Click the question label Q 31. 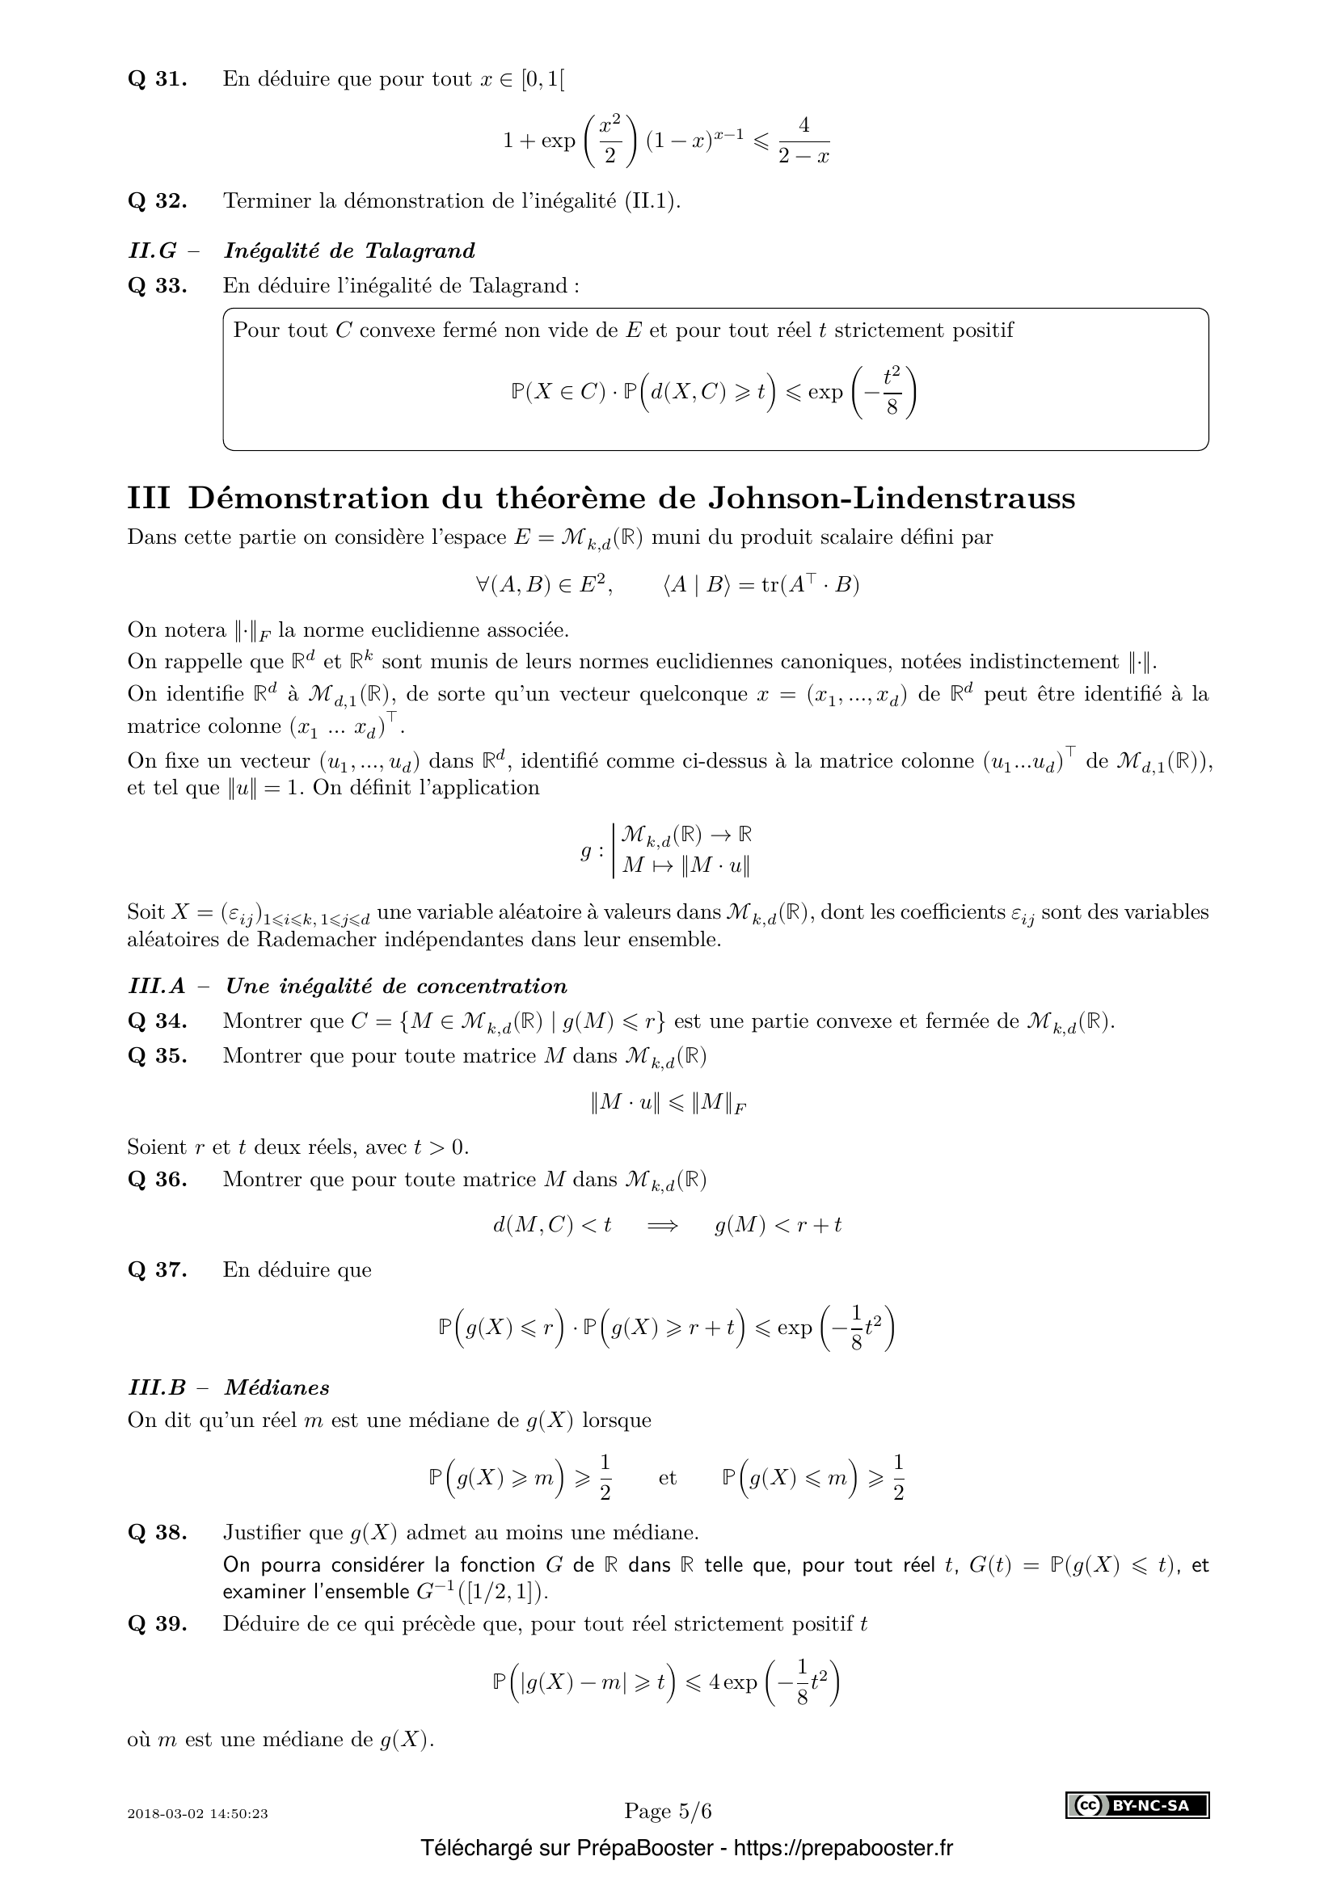[x=158, y=80]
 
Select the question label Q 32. [x=158, y=202]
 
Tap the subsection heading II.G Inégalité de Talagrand [x=302, y=250]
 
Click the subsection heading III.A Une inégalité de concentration [x=348, y=986]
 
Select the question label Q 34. [x=158, y=1021]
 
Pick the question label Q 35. [x=158, y=1056]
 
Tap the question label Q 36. [x=158, y=1180]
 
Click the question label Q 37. [x=158, y=1270]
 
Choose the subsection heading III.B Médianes [x=229, y=1388]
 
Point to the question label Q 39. [x=158, y=1624]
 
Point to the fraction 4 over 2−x [x=803, y=141]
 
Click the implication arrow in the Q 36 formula [x=663, y=1226]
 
